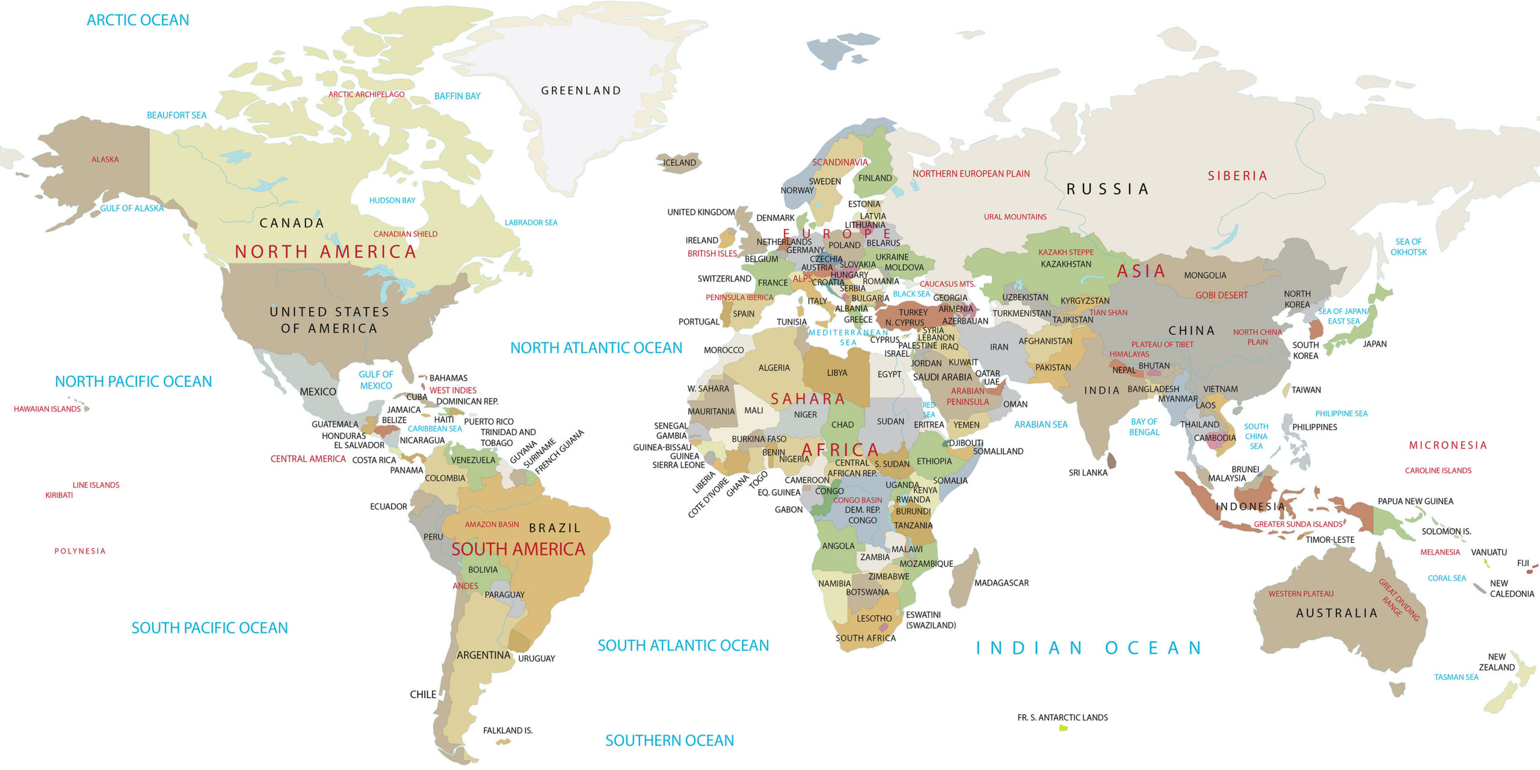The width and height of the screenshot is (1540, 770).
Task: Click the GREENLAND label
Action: [x=581, y=91]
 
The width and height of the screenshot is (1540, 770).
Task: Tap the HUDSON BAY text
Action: [x=392, y=200]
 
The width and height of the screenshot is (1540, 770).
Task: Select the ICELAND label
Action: [x=679, y=162]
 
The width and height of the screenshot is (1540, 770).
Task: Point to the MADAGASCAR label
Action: [x=1001, y=583]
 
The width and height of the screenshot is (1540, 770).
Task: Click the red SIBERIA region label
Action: [x=1237, y=176]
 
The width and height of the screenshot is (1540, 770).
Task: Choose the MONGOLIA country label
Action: [x=1205, y=276]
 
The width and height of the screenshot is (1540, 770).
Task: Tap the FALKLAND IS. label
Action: [x=508, y=730]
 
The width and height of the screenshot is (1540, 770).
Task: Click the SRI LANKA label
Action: [x=1088, y=473]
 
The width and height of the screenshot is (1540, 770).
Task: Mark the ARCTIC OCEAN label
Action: [x=138, y=20]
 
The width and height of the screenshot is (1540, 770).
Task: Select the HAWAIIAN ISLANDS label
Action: [x=47, y=409]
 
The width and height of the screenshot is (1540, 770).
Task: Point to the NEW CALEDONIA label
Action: [x=1511, y=588]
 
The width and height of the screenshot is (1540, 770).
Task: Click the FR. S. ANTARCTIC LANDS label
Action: [x=1062, y=717]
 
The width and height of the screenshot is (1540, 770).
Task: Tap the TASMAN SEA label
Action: [x=1456, y=677]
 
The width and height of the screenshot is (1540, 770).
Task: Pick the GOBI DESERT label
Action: [x=1221, y=295]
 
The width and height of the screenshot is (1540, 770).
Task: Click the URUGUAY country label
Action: [x=537, y=659]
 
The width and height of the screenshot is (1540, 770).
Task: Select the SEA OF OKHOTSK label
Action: [x=1408, y=247]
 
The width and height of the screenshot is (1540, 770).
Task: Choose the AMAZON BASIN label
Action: [x=491, y=525]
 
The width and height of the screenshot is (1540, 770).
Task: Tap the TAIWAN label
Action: [x=1306, y=390]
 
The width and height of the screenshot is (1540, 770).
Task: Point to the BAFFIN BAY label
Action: [x=457, y=96]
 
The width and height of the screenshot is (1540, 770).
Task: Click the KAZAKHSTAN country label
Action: [x=1065, y=264]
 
